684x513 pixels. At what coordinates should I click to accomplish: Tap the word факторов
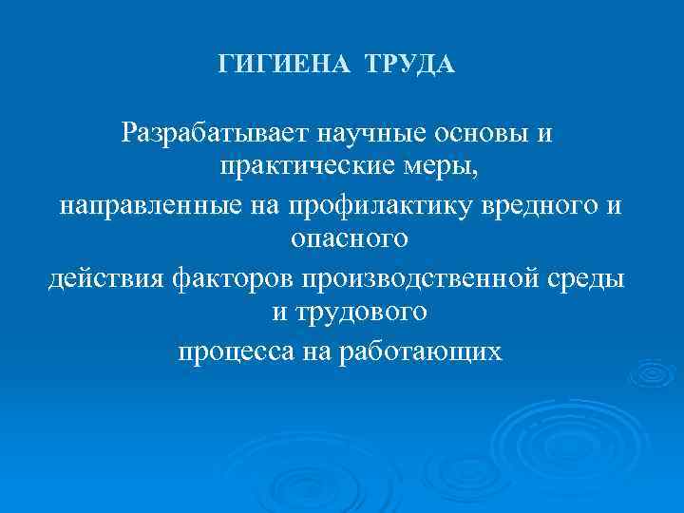point(233,278)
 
